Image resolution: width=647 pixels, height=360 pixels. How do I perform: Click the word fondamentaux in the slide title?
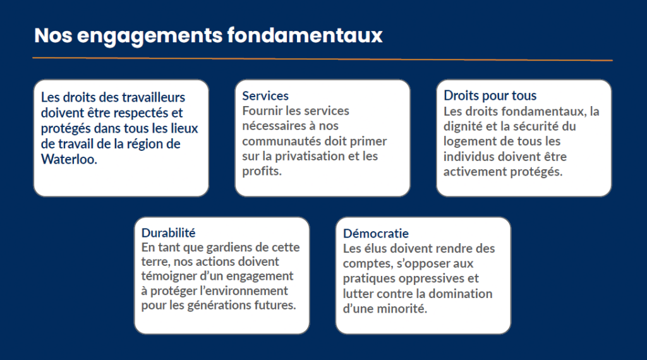point(305,35)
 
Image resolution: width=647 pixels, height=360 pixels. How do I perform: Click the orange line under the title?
point(322,59)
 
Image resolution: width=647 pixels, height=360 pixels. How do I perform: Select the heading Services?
point(265,95)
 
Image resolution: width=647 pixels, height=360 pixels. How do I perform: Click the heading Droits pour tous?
point(490,95)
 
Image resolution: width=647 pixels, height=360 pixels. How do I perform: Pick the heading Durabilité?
point(168,232)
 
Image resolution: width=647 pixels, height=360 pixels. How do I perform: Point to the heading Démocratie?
point(376,234)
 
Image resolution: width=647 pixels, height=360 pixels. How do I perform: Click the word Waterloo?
point(69,159)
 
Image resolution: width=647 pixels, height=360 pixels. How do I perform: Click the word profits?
point(262,171)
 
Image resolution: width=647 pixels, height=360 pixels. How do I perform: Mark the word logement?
point(467,141)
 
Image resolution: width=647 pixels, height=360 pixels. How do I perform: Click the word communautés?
point(282,141)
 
